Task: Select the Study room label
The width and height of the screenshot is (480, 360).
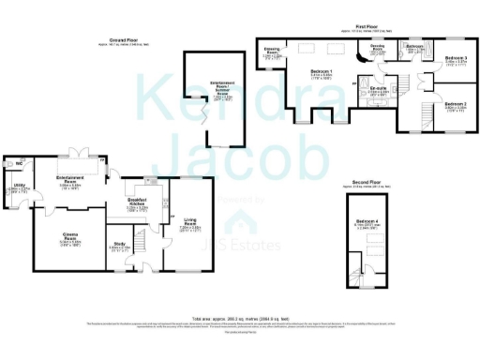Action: click(x=118, y=247)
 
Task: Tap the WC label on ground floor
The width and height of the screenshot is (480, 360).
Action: click(x=19, y=162)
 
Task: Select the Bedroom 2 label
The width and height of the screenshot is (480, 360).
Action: click(x=456, y=104)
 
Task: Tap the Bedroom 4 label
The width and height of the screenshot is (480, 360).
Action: click(x=366, y=224)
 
